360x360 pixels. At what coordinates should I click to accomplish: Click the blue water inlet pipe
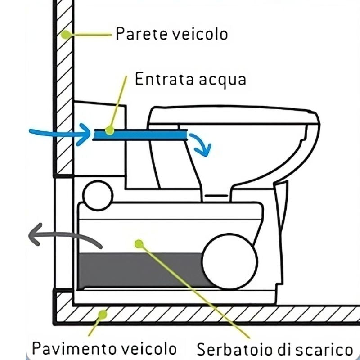tap(144, 134)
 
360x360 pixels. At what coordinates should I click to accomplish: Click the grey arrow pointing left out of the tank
tap(63, 237)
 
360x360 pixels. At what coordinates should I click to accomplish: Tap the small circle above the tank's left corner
tap(98, 195)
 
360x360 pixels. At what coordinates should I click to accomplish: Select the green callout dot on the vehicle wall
tap(66, 34)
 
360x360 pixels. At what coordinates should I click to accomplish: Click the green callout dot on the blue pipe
tap(109, 130)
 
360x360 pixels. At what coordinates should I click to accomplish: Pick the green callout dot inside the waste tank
tap(139, 243)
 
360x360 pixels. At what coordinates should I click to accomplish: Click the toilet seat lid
tap(234, 115)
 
